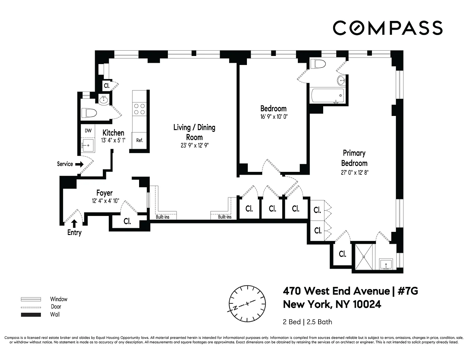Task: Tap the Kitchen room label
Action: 113,133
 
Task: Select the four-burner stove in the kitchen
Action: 139,109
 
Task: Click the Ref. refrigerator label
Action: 140,140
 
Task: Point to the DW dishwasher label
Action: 88,131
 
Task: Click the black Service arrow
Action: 79,164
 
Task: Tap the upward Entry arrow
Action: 74,224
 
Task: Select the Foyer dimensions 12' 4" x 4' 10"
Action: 106,201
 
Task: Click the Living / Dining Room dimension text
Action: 194,145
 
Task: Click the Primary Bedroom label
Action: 354,158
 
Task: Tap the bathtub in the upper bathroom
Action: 328,95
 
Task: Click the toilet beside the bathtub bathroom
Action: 318,64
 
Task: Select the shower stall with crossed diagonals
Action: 364,257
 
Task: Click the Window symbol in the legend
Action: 31,299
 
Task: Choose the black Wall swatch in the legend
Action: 31,315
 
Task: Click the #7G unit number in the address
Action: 408,291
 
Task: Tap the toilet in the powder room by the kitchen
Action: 89,113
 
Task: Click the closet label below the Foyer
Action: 127,221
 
